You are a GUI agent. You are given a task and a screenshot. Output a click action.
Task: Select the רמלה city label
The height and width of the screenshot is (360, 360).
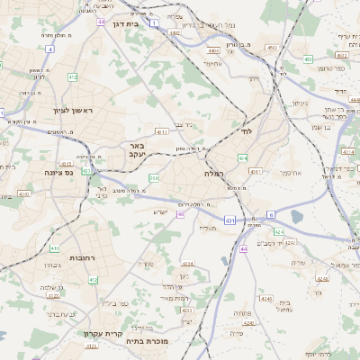coord(213,172)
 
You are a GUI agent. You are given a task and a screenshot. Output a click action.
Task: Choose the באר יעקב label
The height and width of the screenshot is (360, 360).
coord(137,149)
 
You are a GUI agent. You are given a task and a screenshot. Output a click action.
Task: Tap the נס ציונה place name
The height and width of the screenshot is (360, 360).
coord(58,171)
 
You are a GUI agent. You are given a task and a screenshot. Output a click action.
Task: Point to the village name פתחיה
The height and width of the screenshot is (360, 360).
coord(241,312)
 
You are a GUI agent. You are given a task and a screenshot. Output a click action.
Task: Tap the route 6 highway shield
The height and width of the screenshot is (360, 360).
coord(270,214)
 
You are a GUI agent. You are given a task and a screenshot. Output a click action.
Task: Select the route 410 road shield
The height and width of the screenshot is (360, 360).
coord(55,247)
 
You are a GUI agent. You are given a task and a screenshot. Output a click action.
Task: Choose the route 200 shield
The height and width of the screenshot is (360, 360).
coord(154,178)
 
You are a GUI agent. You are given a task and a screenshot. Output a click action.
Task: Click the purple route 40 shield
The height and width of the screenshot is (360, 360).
coord(181,214)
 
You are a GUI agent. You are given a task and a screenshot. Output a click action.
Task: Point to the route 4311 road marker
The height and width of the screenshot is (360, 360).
coord(162,131)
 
